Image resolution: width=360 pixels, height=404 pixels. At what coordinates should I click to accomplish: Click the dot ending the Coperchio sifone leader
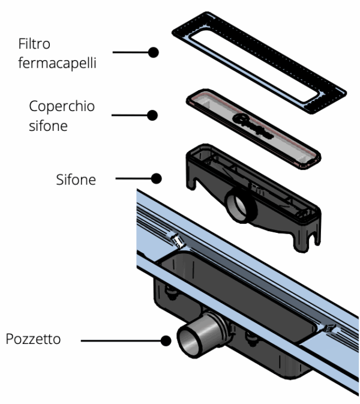[x=154, y=114]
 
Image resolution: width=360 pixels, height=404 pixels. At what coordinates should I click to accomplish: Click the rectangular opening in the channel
[x=240, y=288]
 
